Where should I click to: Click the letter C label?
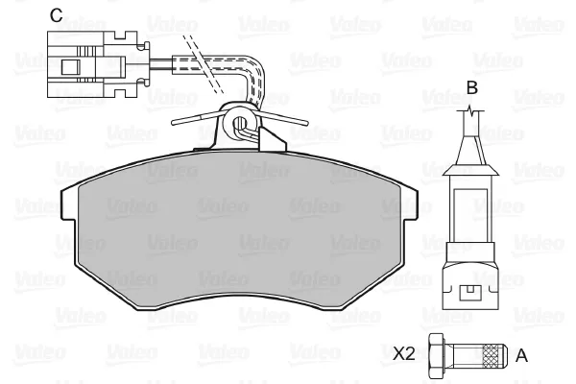click(57, 15)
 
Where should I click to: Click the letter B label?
click(471, 87)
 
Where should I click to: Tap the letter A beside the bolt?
click(521, 356)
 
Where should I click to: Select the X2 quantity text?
click(404, 354)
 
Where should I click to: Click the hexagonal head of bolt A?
click(437, 356)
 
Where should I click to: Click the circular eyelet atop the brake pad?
click(240, 122)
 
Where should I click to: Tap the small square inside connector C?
click(70, 67)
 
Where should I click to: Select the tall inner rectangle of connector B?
click(470, 216)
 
